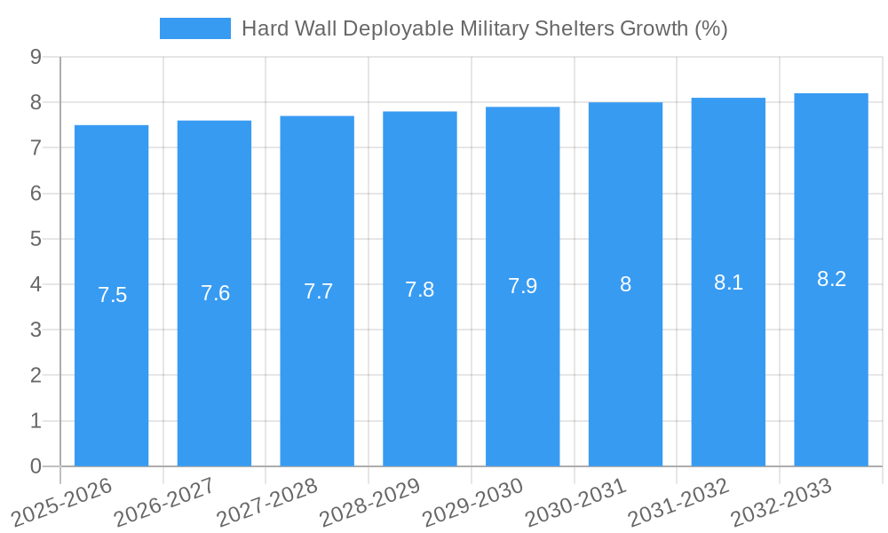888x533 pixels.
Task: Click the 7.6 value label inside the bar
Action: [215, 293]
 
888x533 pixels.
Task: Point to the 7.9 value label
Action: [522, 286]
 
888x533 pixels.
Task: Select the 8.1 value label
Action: [728, 282]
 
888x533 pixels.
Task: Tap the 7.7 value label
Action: [318, 291]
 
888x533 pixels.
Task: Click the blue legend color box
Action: [194, 28]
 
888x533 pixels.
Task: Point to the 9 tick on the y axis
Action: [36, 57]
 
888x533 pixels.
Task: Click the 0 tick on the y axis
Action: [36, 466]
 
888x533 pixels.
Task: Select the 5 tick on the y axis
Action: [36, 239]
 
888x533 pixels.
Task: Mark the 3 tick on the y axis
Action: [36, 330]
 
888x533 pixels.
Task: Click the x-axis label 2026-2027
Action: [164, 502]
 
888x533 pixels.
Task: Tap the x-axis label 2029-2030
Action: [472, 502]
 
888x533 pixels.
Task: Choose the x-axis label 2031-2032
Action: [678, 502]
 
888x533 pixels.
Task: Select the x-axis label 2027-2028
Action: [267, 502]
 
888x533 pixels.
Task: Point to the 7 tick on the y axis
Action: [36, 147]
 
